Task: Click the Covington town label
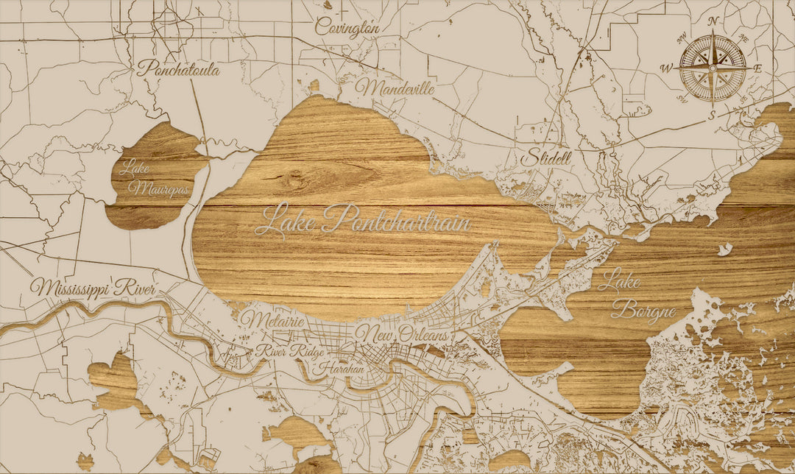347,27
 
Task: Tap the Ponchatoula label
179,68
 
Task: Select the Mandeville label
395,88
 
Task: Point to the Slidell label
545,158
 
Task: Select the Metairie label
273,320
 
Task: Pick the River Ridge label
289,351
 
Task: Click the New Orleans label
402,333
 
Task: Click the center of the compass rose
712,68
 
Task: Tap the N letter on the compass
712,21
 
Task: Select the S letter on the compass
712,115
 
